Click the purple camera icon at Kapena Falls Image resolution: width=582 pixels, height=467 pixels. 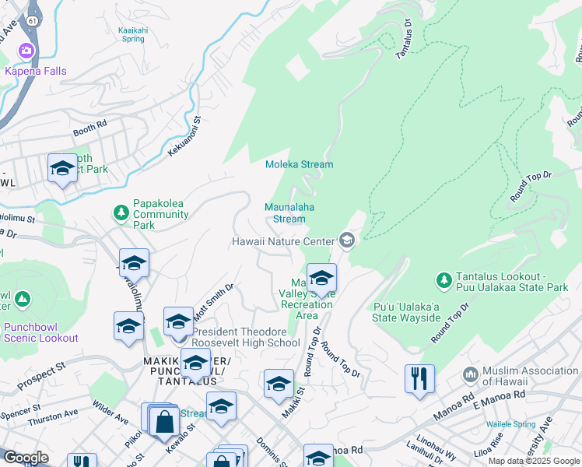point(26,51)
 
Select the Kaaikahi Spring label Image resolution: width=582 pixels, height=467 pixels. point(131,34)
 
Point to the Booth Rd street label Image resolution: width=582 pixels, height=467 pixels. point(90,126)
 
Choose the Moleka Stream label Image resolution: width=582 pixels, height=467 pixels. point(299,164)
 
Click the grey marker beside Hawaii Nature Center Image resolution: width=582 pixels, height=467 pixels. point(347,240)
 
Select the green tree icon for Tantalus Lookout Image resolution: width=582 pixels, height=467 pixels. point(444,279)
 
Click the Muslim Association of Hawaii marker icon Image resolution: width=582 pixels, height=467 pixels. point(470,375)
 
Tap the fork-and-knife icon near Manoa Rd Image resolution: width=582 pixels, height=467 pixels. point(419,378)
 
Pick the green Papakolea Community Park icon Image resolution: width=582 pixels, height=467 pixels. point(121,212)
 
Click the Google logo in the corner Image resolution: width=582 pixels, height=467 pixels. point(25,458)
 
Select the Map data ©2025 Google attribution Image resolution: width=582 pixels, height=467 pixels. point(534,461)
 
